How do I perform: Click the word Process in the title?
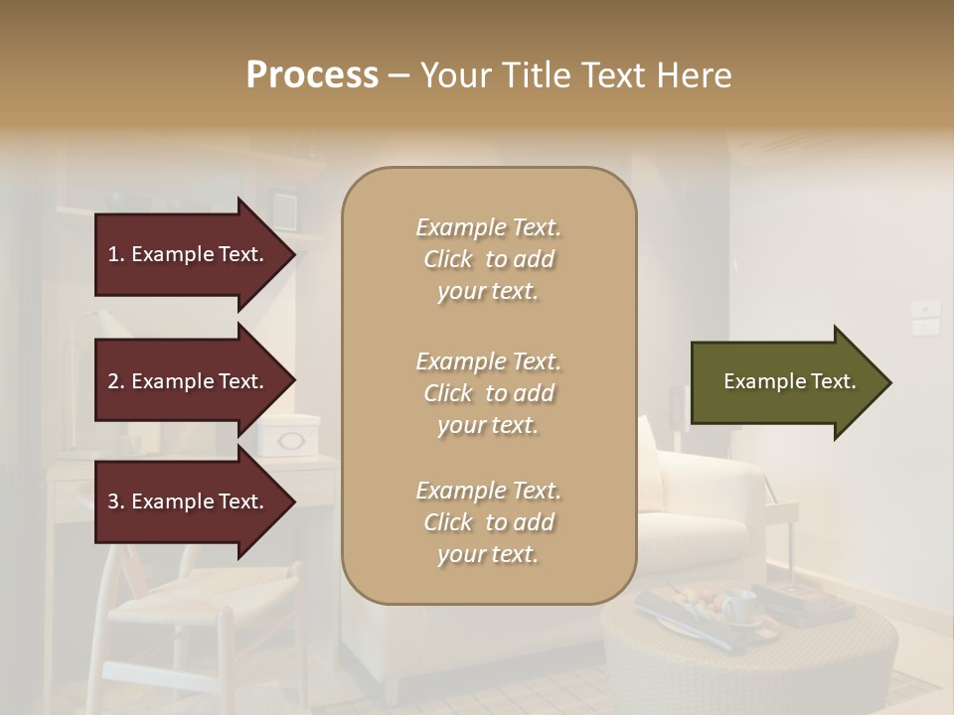tap(312, 75)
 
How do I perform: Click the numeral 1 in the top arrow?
tap(113, 254)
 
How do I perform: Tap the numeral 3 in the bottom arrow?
tap(113, 501)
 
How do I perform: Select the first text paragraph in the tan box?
tap(488, 259)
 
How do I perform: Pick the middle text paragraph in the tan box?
tap(488, 393)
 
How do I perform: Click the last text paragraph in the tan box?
tap(488, 522)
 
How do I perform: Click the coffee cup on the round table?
tap(737, 605)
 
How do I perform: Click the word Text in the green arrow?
tap(833, 381)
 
